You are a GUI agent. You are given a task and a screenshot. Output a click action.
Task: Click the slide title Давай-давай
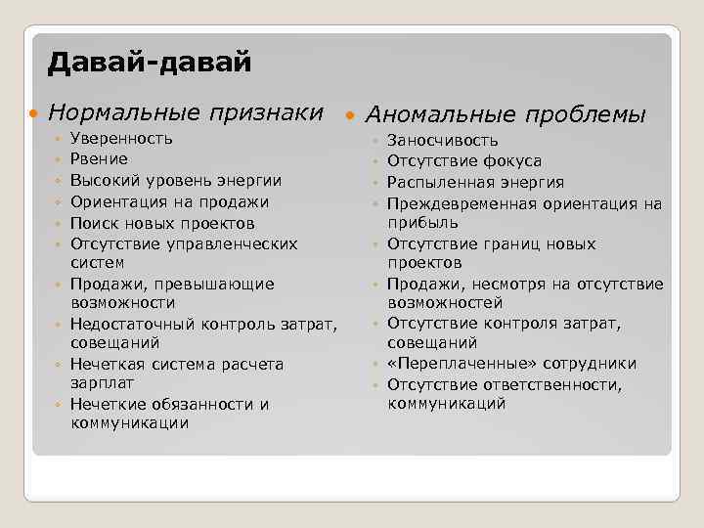(150, 64)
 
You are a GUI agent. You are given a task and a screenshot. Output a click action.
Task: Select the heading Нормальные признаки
(185, 112)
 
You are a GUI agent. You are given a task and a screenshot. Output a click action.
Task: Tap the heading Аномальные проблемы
(506, 114)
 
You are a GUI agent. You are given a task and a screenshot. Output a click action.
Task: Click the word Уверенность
(122, 139)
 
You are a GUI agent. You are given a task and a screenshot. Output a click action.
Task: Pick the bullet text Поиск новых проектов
(162, 223)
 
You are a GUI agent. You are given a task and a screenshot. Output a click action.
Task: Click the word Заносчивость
(443, 141)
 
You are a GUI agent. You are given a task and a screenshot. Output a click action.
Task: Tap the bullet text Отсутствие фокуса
(464, 161)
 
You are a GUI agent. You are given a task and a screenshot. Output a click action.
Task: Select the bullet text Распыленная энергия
(475, 182)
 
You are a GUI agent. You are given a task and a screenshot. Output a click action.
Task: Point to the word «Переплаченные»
(453, 364)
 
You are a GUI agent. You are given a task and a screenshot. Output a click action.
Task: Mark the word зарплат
(103, 383)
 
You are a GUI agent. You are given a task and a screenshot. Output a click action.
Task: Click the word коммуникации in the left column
(130, 423)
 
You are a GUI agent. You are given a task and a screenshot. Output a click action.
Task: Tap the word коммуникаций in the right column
(447, 403)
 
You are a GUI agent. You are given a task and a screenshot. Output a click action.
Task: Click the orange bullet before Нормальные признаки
(35, 113)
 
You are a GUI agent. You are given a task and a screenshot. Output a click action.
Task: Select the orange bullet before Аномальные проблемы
(352, 115)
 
